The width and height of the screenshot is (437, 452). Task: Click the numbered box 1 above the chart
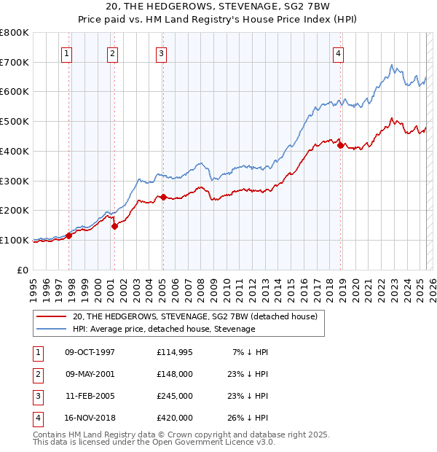66,52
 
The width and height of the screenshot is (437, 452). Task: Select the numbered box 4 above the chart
339,52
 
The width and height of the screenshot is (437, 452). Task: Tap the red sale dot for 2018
340,145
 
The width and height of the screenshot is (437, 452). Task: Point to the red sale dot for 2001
114,226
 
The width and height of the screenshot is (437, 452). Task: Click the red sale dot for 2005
163,197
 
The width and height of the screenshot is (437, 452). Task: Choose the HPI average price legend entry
164,330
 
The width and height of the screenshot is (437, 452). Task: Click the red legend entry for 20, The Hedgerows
194,317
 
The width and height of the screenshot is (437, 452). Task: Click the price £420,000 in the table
175,418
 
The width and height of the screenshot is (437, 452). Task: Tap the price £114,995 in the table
175,353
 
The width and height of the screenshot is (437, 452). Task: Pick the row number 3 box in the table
36,397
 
